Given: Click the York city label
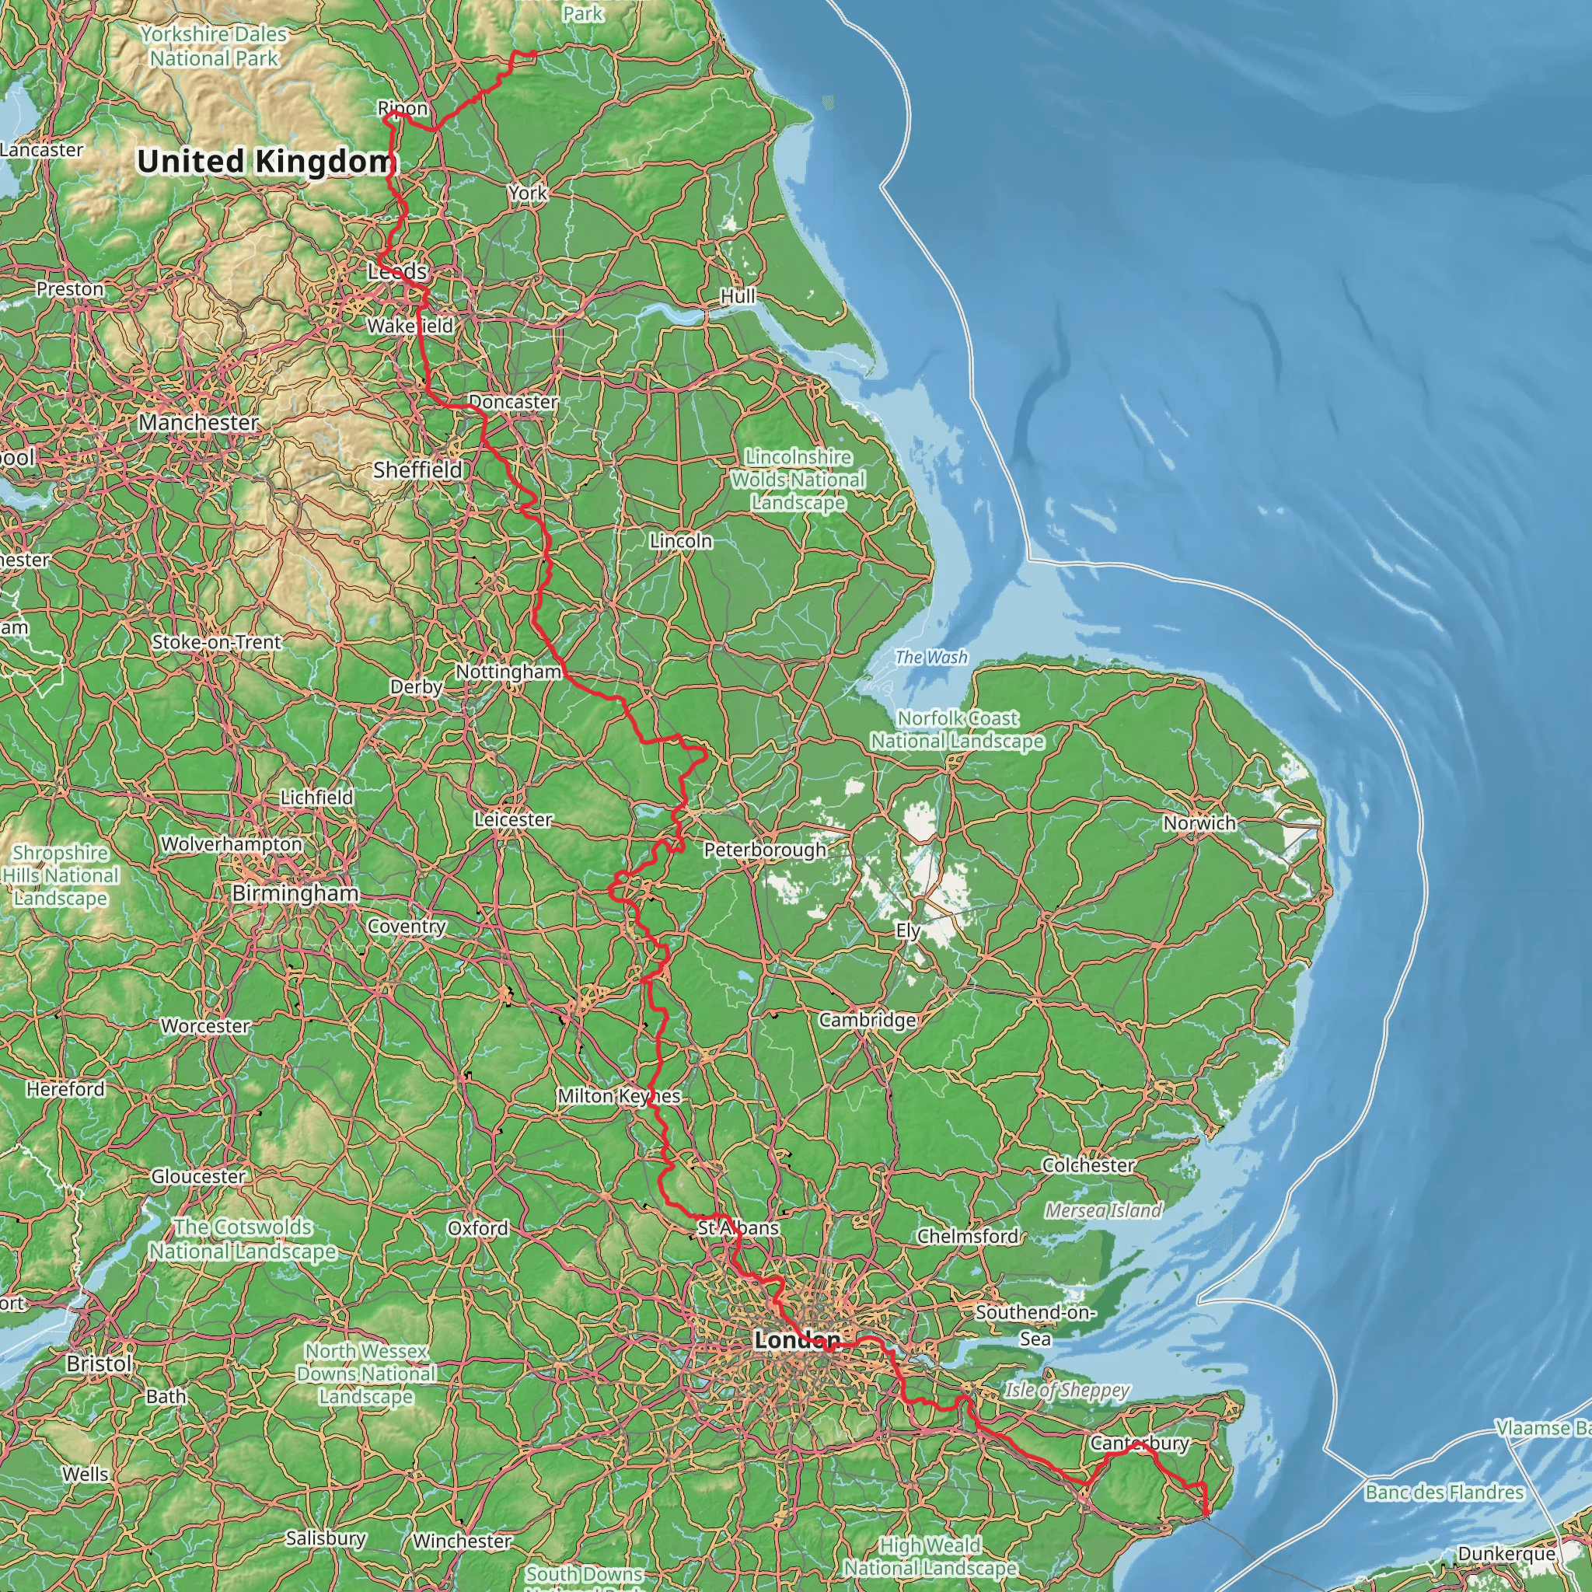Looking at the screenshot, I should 527,193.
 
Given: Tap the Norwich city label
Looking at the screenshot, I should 1199,822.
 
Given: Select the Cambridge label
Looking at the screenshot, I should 867,1020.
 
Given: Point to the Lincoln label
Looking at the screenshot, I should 681,540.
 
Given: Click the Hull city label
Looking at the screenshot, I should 738,296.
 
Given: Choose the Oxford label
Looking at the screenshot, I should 478,1227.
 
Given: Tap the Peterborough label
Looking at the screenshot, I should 765,850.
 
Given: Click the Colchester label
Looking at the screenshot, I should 1088,1165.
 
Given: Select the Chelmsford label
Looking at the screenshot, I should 969,1236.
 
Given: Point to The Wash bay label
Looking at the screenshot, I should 931,657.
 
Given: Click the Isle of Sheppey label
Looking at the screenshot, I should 1067,1391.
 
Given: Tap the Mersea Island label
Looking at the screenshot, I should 1103,1210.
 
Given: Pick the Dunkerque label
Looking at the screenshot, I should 1506,1553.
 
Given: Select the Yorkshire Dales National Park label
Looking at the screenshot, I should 214,46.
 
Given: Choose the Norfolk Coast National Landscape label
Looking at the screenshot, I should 958,730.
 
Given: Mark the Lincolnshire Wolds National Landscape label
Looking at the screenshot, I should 798,480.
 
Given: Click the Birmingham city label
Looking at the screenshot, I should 295,893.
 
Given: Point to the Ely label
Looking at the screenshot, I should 907,930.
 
